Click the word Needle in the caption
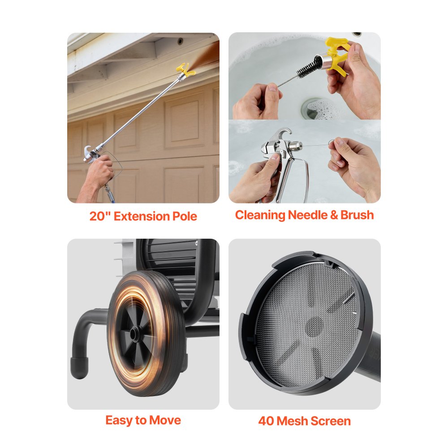pos(308,215)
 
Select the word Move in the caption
pos(166,420)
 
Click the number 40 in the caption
pos(266,421)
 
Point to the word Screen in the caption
pos(332,421)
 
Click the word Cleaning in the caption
pos(260,215)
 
